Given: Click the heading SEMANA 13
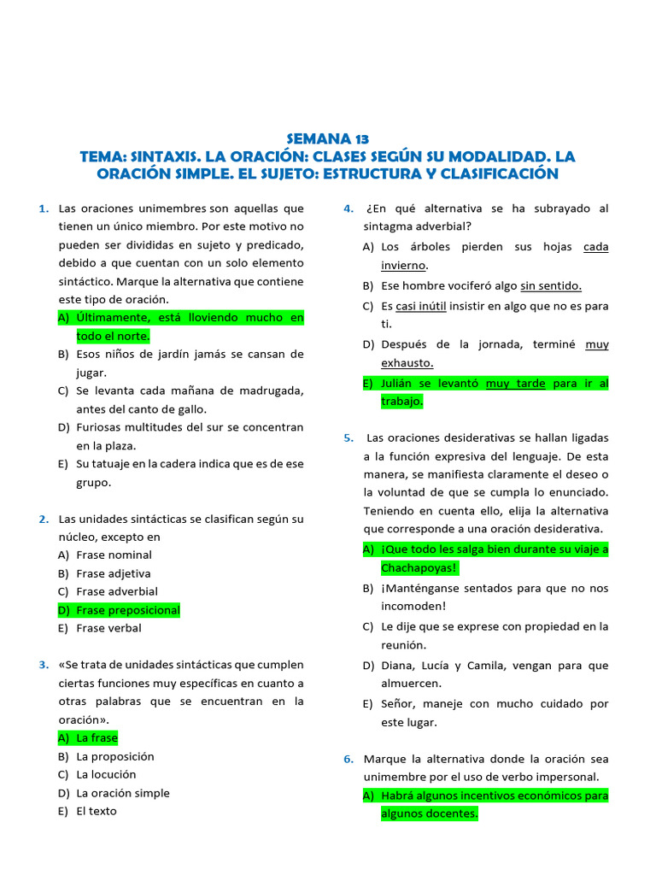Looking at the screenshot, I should [327, 139].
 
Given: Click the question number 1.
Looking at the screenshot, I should [43, 208].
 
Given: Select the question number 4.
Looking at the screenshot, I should [348, 208].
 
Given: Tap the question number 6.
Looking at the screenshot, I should [348, 759].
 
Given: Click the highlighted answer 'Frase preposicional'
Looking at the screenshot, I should [127, 610].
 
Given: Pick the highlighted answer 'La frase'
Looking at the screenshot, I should [97, 737].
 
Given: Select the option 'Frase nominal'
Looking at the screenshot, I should [114, 555].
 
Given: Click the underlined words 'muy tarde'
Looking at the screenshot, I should [515, 384].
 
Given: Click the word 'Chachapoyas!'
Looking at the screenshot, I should [419, 568].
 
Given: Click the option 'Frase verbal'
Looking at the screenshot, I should [108, 628].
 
